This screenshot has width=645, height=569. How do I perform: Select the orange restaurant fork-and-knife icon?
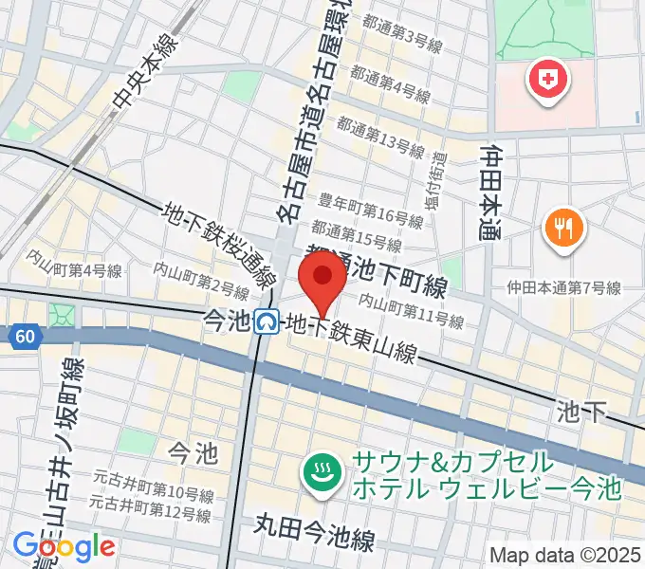(x=563, y=229)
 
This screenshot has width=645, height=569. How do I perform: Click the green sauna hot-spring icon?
(x=323, y=474)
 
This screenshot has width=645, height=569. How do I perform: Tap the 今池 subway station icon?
(x=267, y=323)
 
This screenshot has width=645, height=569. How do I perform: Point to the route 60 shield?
(x=24, y=335)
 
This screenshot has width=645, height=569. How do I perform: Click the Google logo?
(x=64, y=545)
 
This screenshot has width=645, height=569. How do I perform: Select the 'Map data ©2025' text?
(x=564, y=555)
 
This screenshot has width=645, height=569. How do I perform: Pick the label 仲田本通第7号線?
(x=563, y=287)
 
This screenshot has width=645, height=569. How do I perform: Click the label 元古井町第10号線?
(x=152, y=492)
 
